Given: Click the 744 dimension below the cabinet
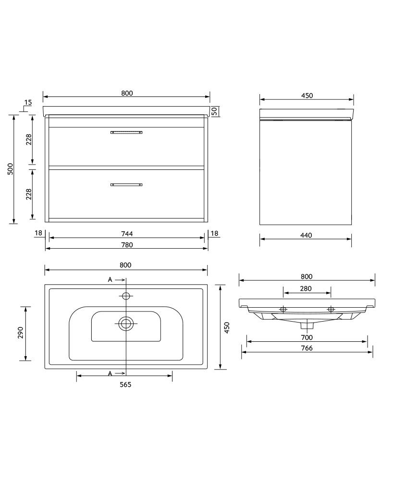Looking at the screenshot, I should [127, 234].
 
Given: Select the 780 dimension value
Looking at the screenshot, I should [127, 245].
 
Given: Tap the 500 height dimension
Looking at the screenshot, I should [10, 169].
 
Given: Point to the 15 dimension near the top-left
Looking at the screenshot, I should [27, 102].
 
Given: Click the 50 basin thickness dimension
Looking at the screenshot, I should [215, 111].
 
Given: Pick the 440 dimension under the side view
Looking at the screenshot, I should [306, 235].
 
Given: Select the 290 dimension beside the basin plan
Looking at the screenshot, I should [21, 333].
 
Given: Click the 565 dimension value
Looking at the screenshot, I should [125, 384].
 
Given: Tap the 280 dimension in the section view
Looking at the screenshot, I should [306, 288].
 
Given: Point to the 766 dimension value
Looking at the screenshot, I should [307, 348].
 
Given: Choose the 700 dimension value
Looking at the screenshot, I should [307, 337].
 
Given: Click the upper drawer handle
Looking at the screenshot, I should [127, 132].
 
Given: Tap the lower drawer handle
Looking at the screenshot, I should [127, 184].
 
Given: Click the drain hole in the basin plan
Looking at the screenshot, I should [126, 324].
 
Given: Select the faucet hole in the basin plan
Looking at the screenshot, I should [126, 295].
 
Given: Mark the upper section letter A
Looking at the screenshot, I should [110, 279].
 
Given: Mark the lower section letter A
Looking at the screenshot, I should [110, 373].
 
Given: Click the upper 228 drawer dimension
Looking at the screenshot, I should [29, 139].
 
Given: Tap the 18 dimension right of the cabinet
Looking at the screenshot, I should [214, 234].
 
